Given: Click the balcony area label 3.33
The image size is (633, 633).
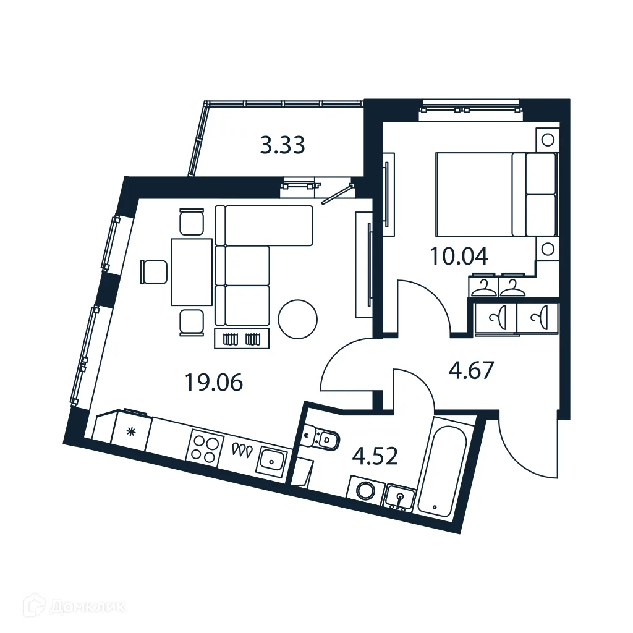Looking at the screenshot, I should (x=282, y=146).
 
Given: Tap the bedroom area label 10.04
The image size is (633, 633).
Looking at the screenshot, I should (x=459, y=256).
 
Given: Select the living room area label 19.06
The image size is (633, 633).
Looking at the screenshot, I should (x=213, y=383).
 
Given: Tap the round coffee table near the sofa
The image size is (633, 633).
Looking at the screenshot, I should (x=297, y=319).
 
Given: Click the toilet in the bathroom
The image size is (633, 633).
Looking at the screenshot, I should (x=323, y=439).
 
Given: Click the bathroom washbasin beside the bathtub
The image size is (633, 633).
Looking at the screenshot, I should (x=401, y=496).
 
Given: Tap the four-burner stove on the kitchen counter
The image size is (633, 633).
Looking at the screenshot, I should (x=205, y=446).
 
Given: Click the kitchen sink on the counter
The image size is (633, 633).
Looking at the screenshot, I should (x=271, y=460).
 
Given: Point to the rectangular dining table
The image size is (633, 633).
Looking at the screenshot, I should (x=192, y=272).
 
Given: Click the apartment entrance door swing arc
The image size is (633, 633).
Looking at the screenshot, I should (x=525, y=451).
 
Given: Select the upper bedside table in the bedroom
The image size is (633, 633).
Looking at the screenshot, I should (x=546, y=138).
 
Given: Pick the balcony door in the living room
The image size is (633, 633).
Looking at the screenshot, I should (x=338, y=192).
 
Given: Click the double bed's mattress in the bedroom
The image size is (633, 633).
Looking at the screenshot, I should (x=475, y=194).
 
